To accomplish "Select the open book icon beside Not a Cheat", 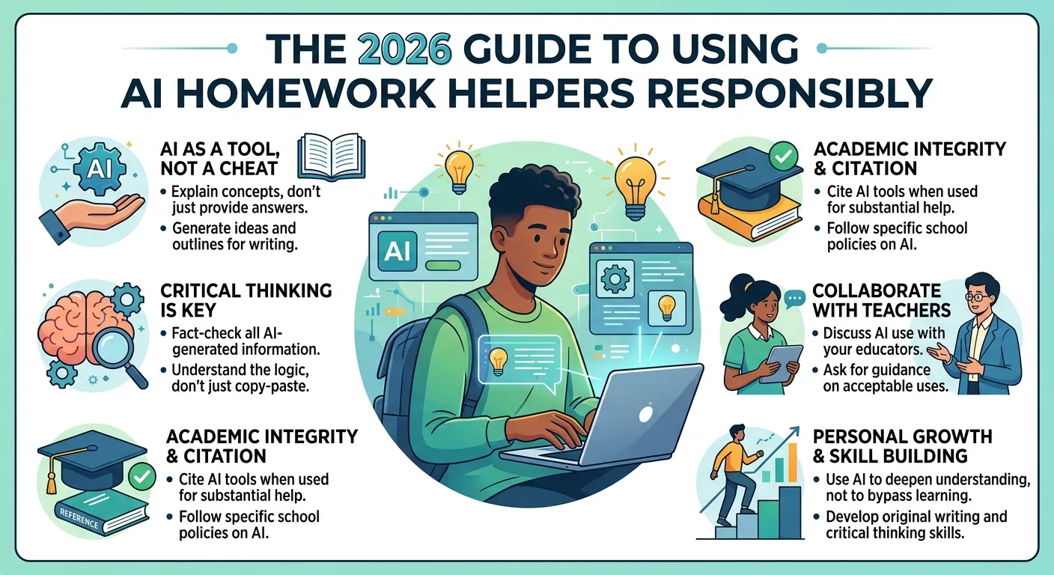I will pyautogui.click(x=324, y=157).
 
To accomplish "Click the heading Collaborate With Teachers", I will pyautogui.click(x=881, y=299).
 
